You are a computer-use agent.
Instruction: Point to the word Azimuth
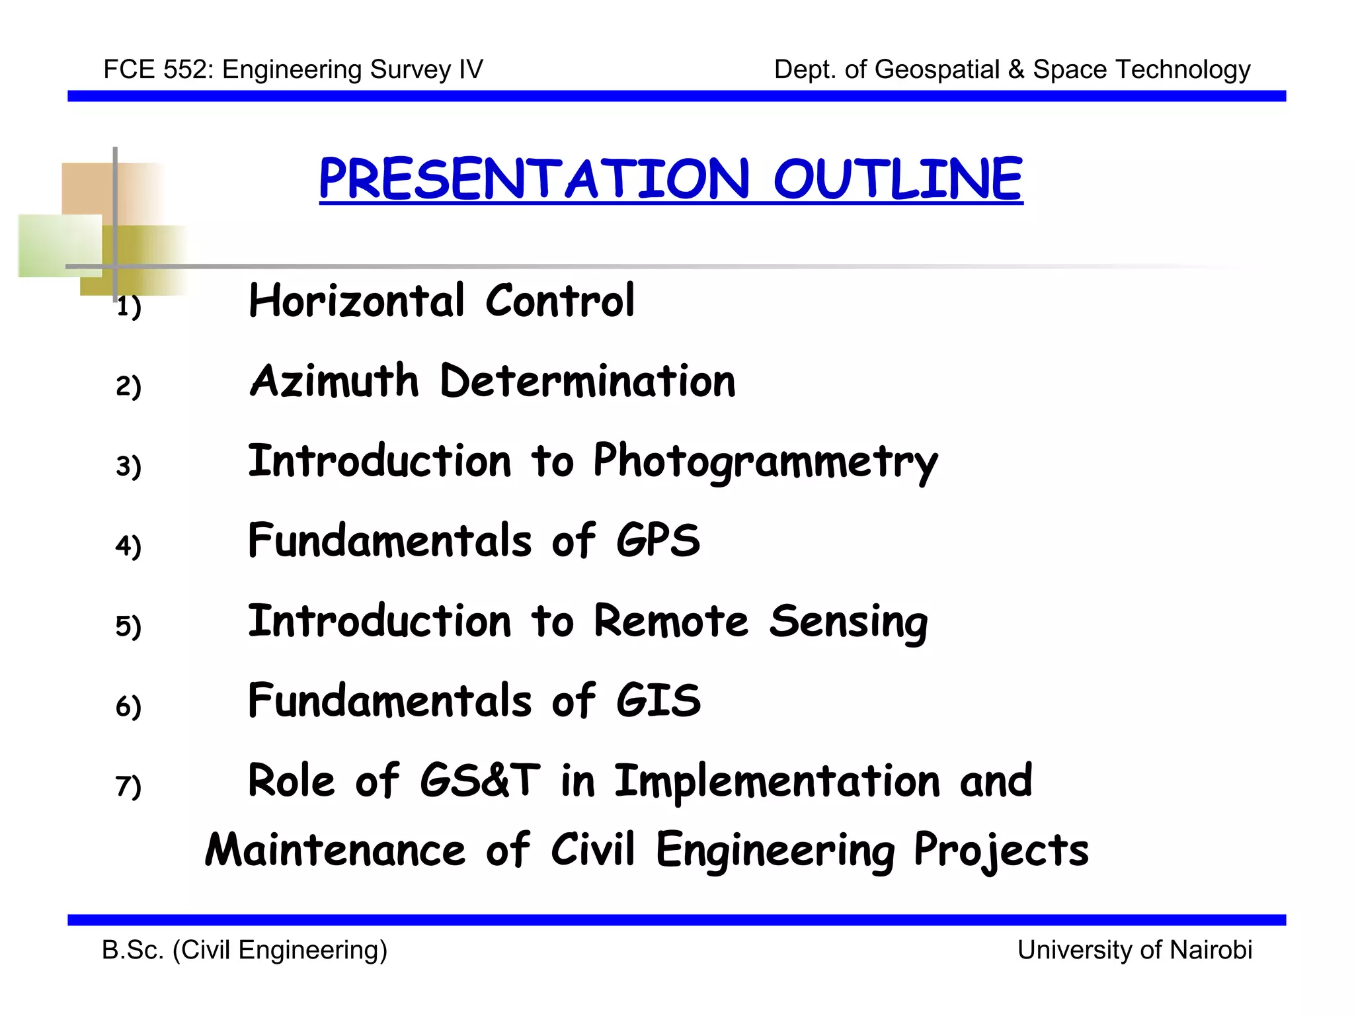(335, 382)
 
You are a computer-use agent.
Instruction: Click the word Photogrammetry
(765, 462)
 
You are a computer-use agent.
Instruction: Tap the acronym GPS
(658, 540)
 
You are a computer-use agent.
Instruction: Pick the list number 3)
(128, 466)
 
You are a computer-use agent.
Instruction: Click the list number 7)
(128, 786)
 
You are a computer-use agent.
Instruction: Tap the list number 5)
(128, 626)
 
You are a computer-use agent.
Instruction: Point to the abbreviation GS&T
(479, 781)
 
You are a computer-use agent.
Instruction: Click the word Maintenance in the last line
(335, 850)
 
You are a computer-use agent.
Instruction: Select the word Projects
(1001, 850)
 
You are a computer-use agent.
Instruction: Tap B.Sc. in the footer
(132, 950)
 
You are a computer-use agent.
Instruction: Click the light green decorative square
(60, 245)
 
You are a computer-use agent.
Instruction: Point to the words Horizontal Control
(441, 302)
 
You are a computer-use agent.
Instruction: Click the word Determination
(587, 382)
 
